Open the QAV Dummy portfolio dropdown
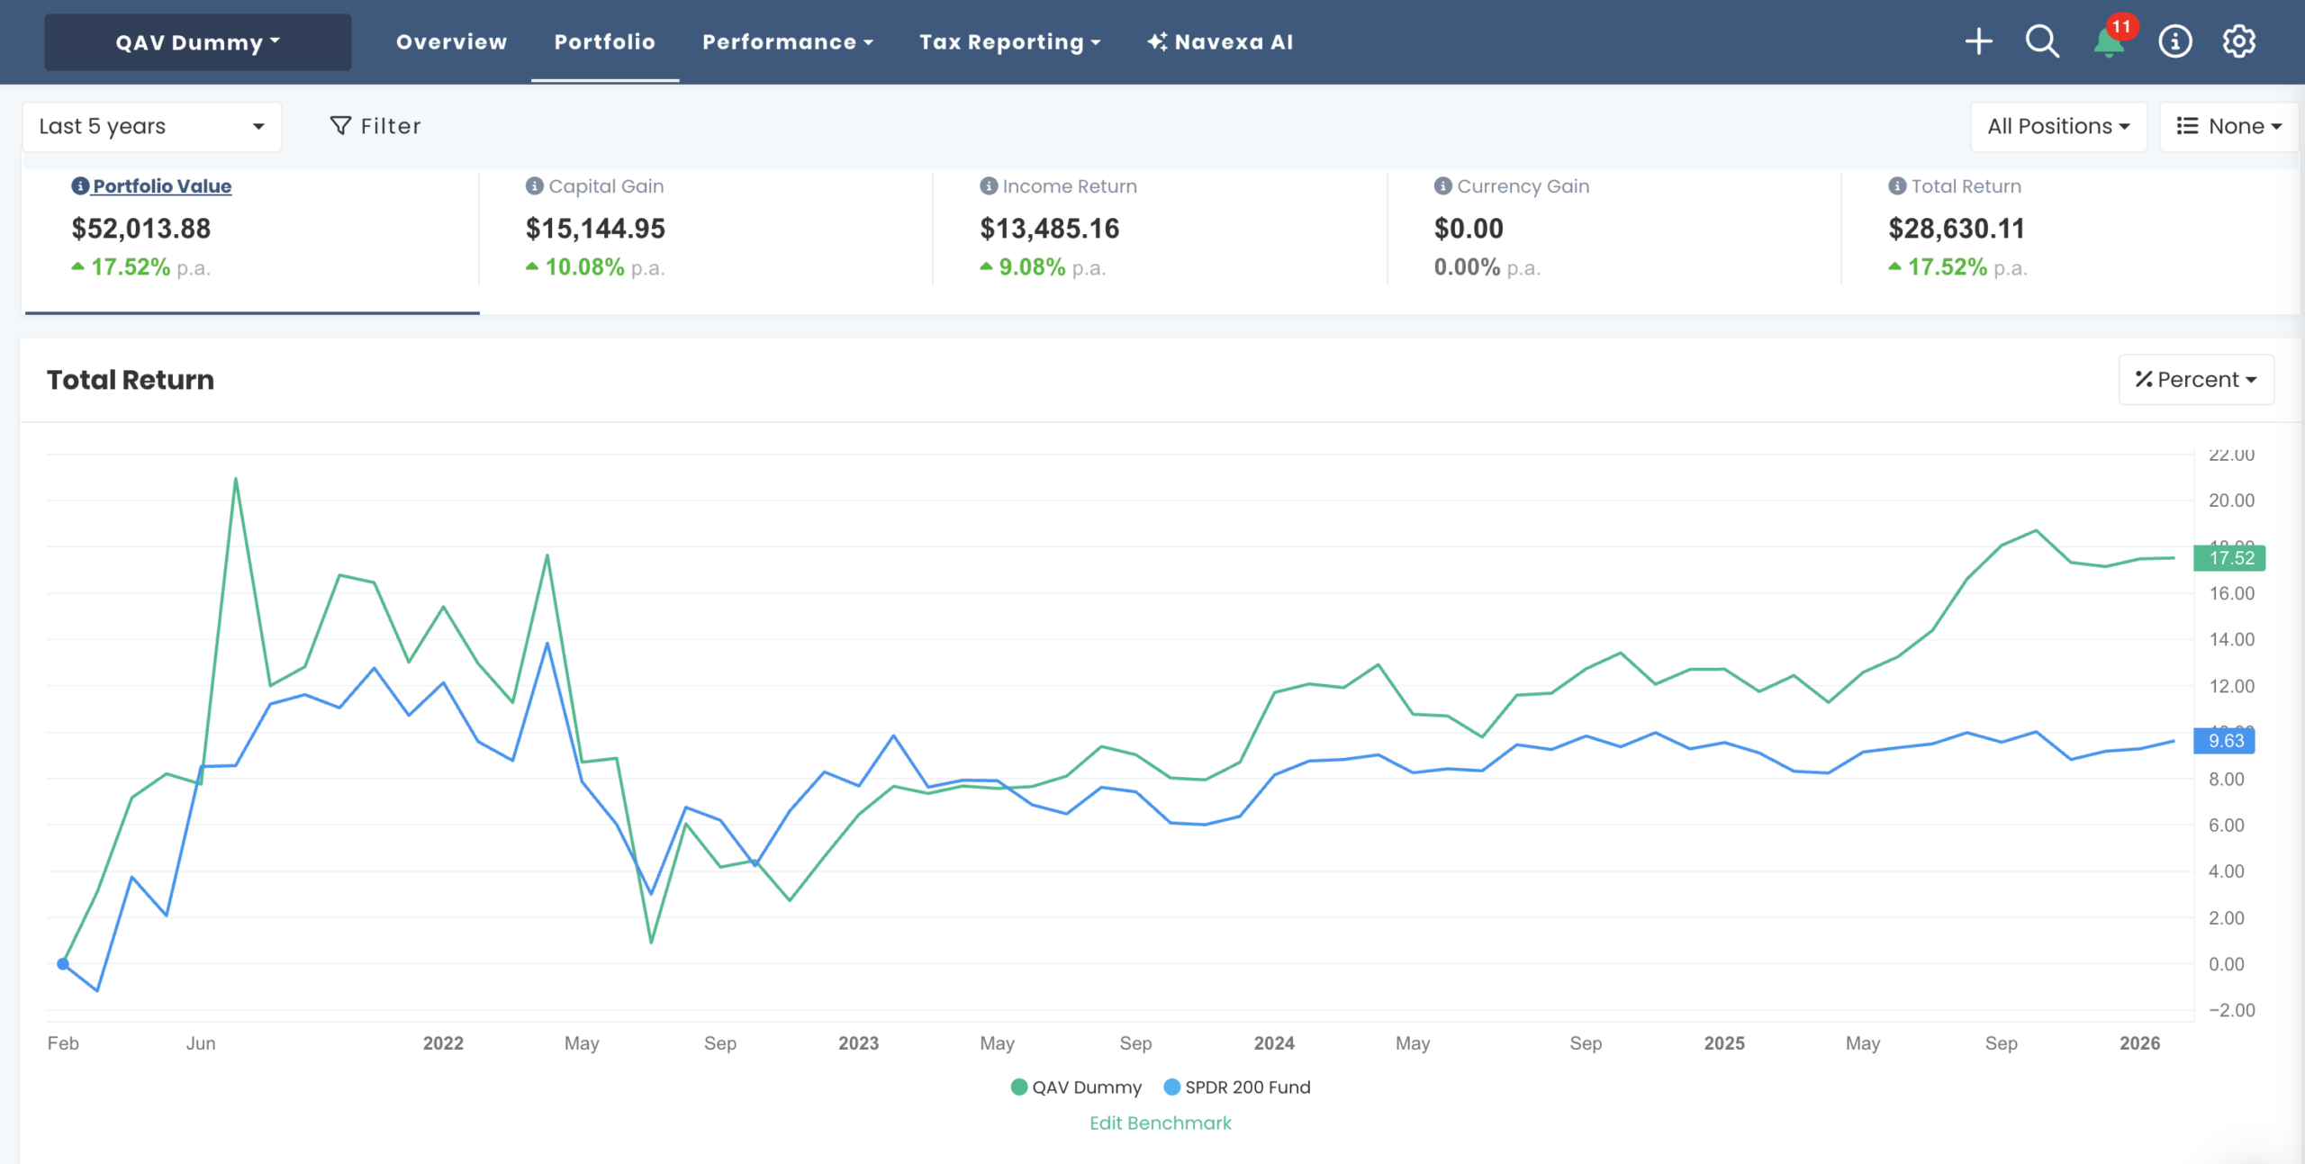197,42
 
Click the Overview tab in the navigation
451,42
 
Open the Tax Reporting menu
1009,42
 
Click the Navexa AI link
1220,42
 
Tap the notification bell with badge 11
2109,41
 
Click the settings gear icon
2238,41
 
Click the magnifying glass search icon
2042,41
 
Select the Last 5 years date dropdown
151,127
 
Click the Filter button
375,127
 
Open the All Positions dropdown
2057,127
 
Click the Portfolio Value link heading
162,186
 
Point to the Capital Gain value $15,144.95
595,229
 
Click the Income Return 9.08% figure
1032,267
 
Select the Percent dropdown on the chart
2195,380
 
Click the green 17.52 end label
2229,558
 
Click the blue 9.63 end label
2225,741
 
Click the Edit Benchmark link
1160,1123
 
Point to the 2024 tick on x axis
1273,1043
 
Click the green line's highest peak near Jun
236,480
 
